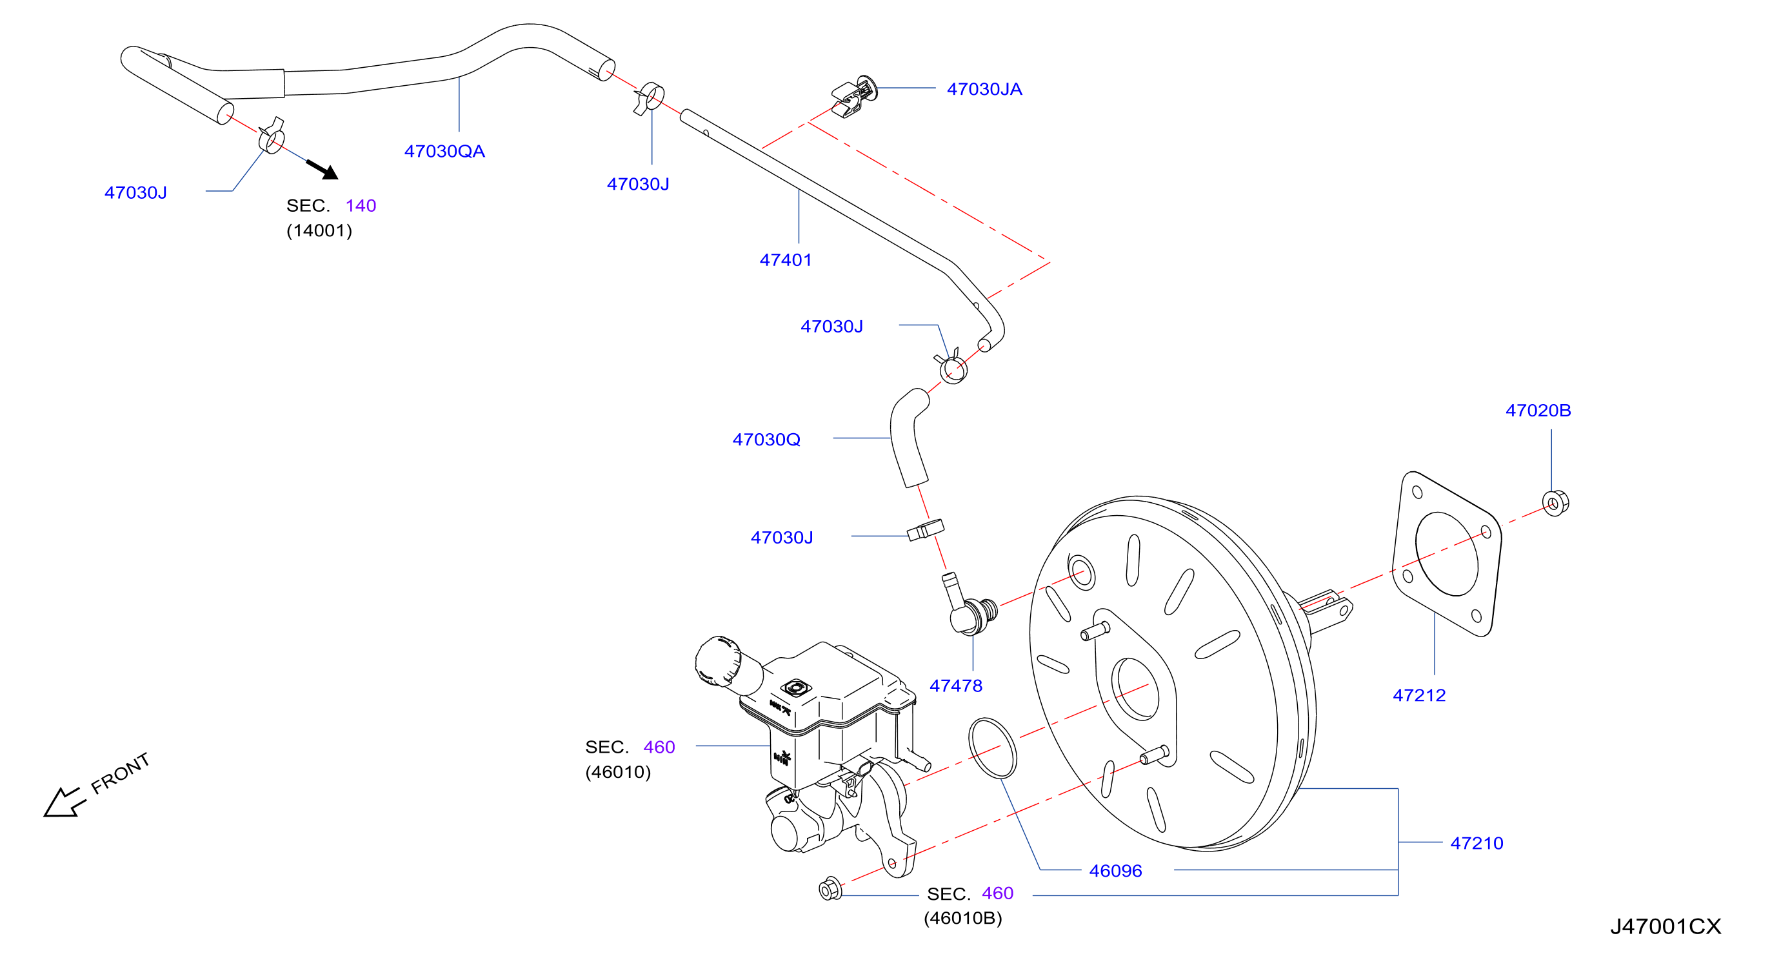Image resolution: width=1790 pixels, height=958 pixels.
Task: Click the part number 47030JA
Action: point(984,89)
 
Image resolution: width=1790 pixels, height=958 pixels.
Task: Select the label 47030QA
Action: point(444,151)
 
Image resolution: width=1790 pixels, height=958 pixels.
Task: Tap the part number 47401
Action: point(785,260)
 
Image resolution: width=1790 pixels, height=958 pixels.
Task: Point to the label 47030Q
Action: point(766,440)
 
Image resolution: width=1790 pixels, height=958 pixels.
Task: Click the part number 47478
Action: point(956,686)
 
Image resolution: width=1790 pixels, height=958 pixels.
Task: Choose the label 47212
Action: point(1419,695)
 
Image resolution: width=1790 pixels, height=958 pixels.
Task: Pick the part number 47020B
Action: point(1538,410)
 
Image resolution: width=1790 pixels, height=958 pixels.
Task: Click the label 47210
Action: point(1477,843)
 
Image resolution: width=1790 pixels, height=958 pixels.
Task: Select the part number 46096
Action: point(1115,870)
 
